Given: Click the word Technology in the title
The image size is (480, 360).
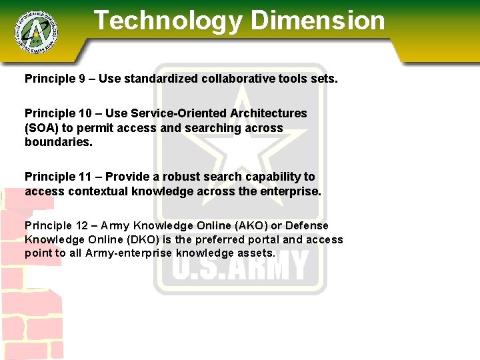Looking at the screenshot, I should (x=168, y=21).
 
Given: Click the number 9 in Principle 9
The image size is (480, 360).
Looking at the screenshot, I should (x=82, y=79).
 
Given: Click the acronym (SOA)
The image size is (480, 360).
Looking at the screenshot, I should (x=42, y=127).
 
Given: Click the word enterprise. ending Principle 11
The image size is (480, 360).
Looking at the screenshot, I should (x=287, y=191).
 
